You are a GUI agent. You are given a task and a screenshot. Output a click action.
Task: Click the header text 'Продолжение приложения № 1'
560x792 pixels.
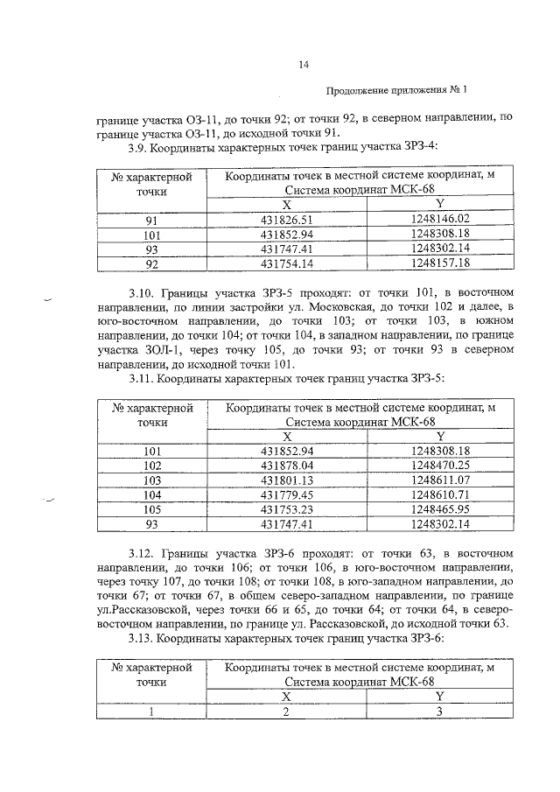tap(397, 90)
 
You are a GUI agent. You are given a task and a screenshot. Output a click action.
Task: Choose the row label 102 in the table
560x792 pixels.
tap(152, 466)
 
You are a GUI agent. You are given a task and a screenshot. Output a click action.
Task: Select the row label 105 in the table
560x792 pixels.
tap(152, 508)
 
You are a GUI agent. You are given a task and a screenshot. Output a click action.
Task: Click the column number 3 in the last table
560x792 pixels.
tap(441, 711)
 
